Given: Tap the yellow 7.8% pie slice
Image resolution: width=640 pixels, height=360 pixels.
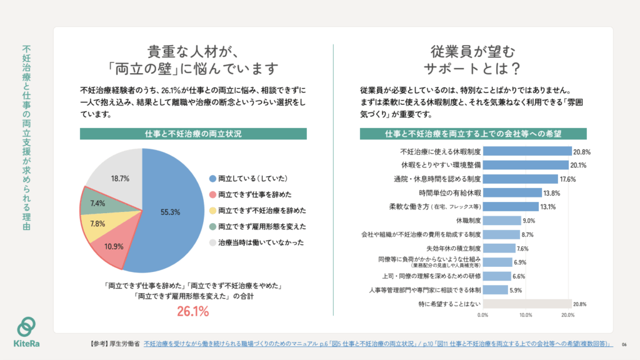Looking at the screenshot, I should click(x=97, y=224).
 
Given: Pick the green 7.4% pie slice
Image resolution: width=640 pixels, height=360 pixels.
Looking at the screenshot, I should click(x=97, y=203).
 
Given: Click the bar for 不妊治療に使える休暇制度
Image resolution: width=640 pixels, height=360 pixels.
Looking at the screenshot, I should click(x=527, y=151).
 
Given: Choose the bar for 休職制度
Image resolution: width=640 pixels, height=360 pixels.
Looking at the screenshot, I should click(x=502, y=220).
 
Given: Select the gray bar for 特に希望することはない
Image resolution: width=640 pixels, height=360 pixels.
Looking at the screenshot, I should click(x=527, y=304).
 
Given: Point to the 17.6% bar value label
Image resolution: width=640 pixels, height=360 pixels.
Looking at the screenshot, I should click(x=567, y=179).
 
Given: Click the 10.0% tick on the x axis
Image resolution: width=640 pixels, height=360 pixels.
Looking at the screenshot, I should click(x=525, y=315).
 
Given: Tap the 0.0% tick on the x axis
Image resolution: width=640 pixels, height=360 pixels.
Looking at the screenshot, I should click(x=482, y=315).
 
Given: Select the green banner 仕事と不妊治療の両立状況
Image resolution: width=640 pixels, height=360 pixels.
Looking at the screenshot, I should click(x=192, y=134).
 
